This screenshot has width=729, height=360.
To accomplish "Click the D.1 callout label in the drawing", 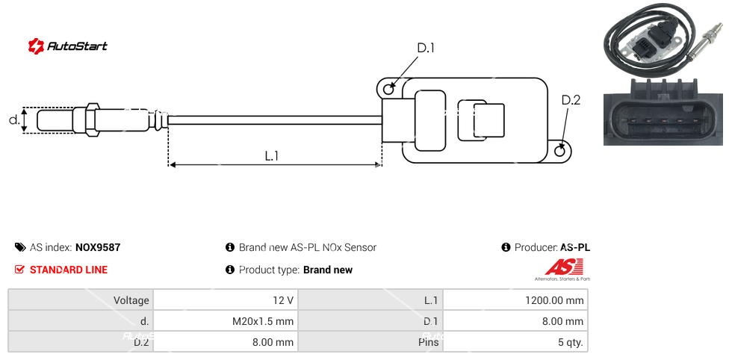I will click(x=425, y=49).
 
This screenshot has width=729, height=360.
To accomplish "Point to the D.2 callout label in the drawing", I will click(x=571, y=100).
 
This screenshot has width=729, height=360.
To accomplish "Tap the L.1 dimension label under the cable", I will click(x=272, y=155).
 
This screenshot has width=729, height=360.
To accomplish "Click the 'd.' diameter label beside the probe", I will click(x=13, y=120).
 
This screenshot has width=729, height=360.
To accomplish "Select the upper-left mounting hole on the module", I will click(x=388, y=90).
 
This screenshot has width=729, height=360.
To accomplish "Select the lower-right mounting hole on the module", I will click(x=562, y=151).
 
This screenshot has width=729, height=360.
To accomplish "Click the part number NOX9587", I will click(x=98, y=247).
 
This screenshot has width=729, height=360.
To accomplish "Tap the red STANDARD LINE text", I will click(x=69, y=270).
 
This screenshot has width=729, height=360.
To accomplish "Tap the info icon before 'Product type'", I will click(x=230, y=270).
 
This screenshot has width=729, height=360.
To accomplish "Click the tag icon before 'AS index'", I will click(x=20, y=247).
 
